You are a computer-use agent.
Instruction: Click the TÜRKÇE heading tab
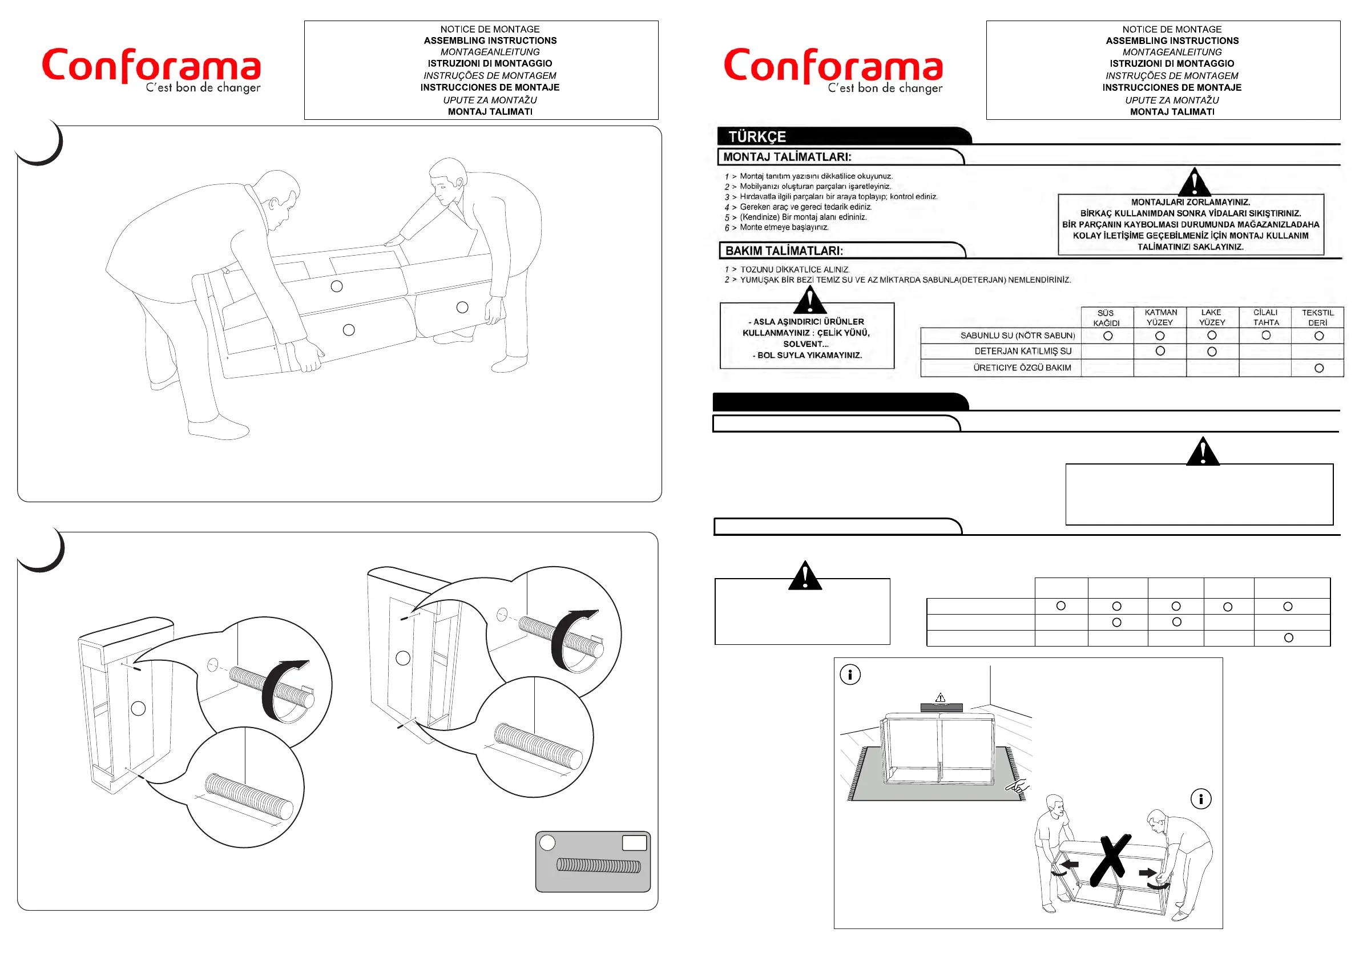(757, 137)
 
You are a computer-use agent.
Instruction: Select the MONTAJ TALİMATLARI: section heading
(787, 157)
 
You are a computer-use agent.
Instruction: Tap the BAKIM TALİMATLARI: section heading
(784, 251)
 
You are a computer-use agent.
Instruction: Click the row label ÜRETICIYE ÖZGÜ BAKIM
(1022, 368)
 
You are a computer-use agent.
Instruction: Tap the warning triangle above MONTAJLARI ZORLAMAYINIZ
(1195, 182)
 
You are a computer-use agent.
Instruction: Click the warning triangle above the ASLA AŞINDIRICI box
(810, 300)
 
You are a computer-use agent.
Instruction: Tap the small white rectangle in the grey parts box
(635, 843)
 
